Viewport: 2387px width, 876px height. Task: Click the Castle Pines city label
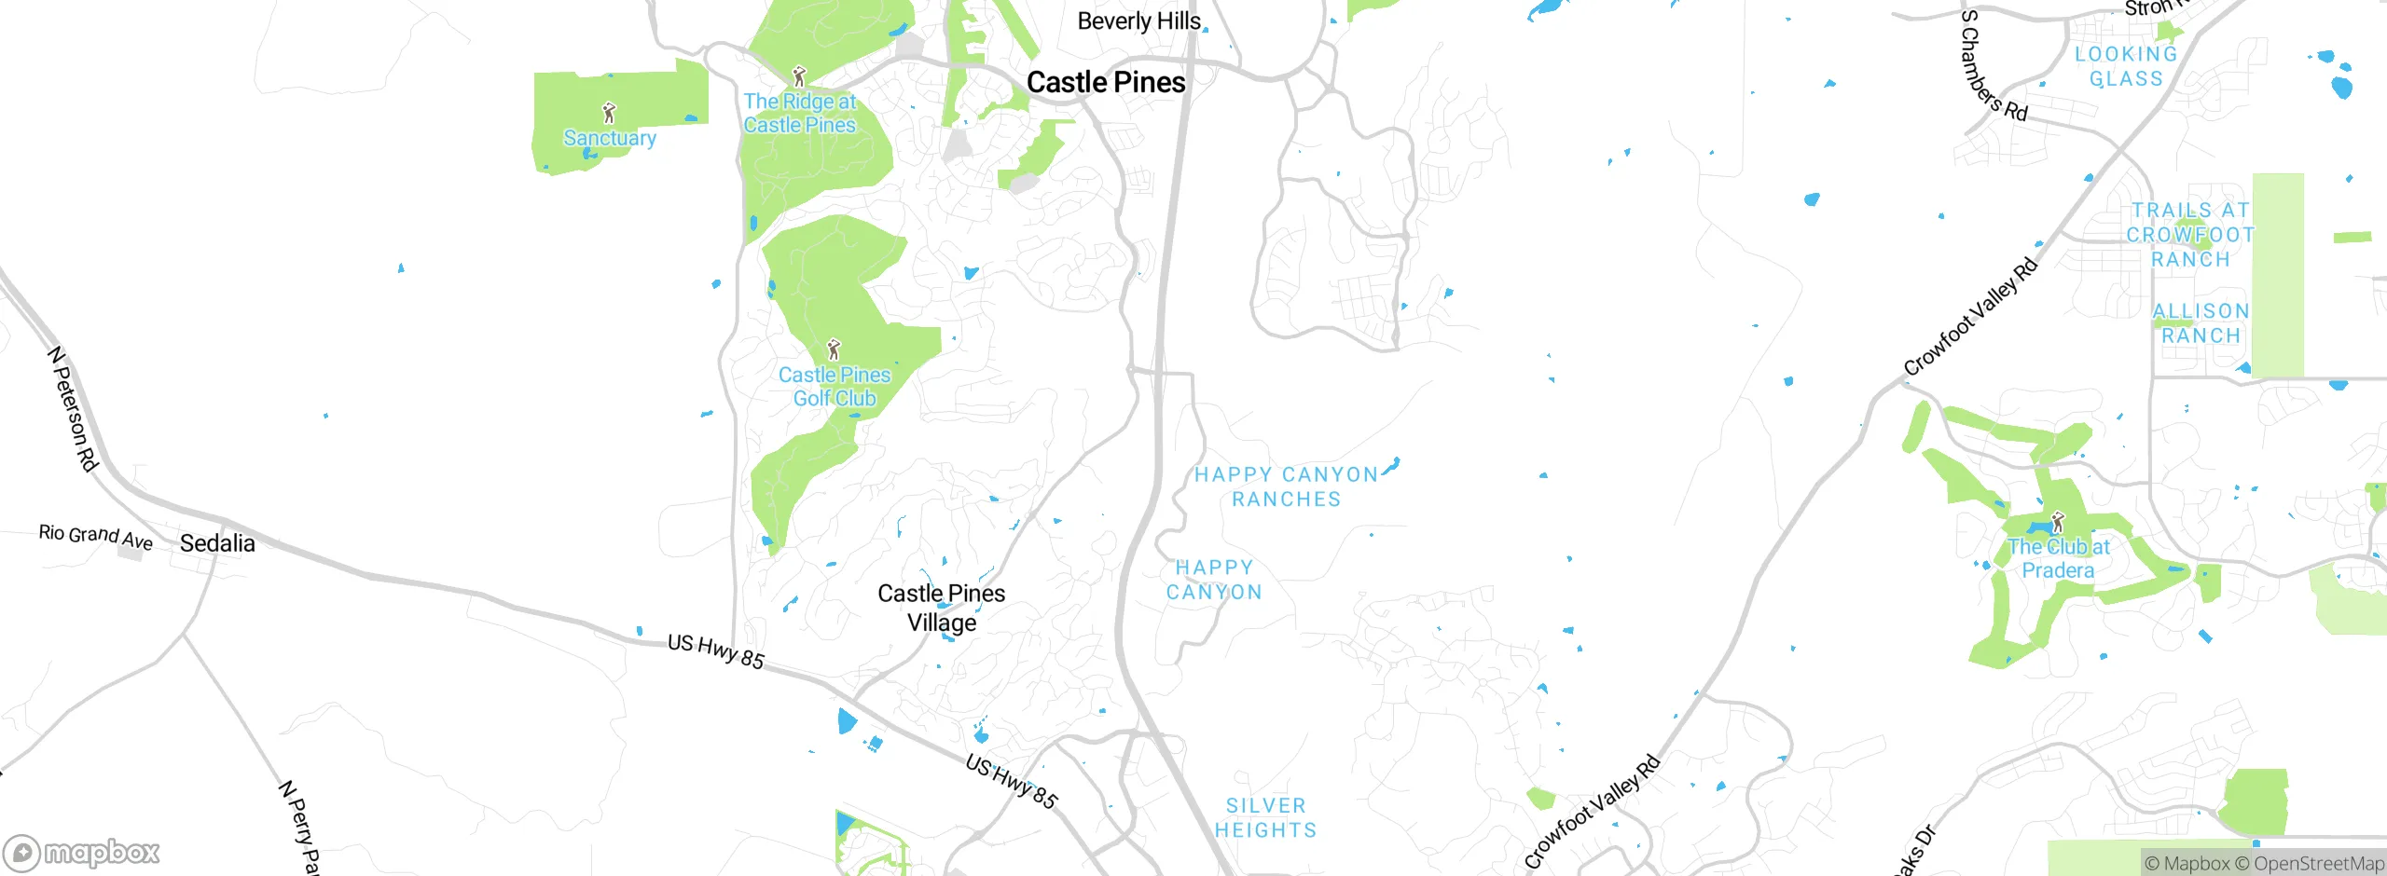tap(1106, 82)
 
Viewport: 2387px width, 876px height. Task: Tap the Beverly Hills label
tap(1138, 21)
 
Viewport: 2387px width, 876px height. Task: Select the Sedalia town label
tap(217, 543)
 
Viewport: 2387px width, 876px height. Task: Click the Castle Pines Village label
tap(942, 608)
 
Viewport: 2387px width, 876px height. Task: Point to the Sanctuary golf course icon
tap(609, 113)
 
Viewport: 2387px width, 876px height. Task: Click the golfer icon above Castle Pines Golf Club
tap(834, 350)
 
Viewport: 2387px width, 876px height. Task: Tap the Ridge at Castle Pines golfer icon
tap(798, 75)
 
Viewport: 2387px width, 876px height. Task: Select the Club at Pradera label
tap(2058, 558)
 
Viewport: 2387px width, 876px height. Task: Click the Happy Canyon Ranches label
tap(1287, 486)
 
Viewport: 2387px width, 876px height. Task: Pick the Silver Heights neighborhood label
tap(1266, 817)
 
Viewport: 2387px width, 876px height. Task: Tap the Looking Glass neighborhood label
tap(2126, 66)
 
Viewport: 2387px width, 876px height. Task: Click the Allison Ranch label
tap(2201, 323)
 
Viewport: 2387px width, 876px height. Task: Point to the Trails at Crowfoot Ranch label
tap(2190, 235)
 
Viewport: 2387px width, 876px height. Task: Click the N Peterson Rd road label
tap(73, 408)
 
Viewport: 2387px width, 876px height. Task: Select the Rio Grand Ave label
tap(95, 536)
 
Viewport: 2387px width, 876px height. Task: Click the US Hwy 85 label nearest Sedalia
tap(715, 651)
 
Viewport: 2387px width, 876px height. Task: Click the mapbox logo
tap(82, 852)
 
